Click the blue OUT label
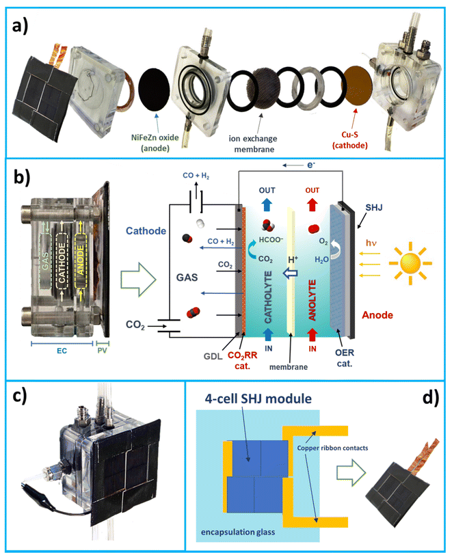(267, 192)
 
